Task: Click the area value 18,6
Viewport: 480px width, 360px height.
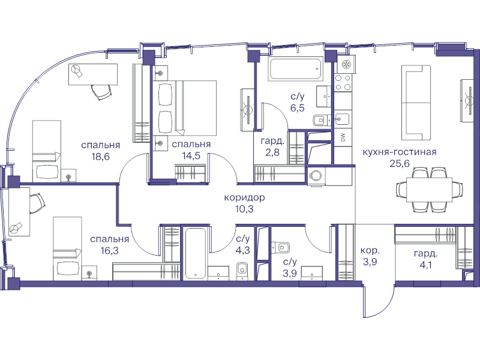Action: point(100,157)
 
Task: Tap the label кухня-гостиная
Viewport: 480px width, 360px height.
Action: point(400,152)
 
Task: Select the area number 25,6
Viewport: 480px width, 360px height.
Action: point(400,163)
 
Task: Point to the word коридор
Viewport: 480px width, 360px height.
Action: point(244,198)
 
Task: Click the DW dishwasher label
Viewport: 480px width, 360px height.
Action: point(343,138)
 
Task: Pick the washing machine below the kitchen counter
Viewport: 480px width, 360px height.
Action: point(316,176)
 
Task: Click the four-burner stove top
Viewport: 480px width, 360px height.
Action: point(343,82)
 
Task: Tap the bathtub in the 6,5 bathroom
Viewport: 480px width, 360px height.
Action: point(295,68)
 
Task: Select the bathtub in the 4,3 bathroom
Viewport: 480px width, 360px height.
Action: point(195,253)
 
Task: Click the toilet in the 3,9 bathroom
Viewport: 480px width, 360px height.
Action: point(280,247)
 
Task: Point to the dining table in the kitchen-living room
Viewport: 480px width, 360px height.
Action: point(429,190)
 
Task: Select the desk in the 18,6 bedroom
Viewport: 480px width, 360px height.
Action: point(93,74)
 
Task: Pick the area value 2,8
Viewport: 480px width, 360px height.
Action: point(272,152)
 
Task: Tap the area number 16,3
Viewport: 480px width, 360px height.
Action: point(109,251)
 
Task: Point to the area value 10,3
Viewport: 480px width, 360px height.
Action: point(244,209)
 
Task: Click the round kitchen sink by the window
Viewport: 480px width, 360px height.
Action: point(347,65)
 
